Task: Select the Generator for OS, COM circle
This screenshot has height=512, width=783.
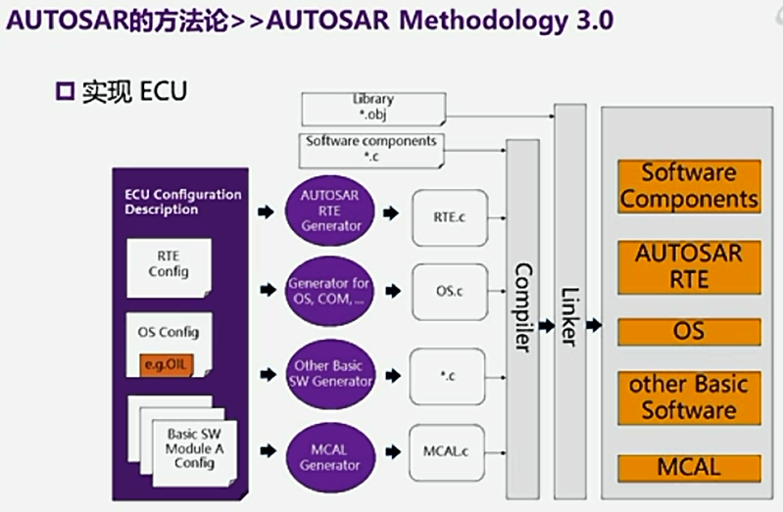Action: (330, 291)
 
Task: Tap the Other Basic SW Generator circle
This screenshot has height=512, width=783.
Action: (330, 373)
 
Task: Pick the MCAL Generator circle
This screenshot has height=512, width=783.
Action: (330, 455)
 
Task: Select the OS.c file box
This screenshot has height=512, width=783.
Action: (449, 292)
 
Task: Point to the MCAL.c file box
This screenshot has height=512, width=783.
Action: (449, 452)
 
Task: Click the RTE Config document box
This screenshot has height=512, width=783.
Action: (168, 265)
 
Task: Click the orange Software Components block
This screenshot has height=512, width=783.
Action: (688, 186)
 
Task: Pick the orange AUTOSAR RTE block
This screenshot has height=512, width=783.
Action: (688, 266)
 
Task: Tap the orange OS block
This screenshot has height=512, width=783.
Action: (688, 331)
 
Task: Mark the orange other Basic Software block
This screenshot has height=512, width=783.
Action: (688, 396)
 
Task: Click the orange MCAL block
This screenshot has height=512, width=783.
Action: (688, 467)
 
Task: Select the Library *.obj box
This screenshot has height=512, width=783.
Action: (372, 106)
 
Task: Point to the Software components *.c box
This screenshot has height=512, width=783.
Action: (370, 149)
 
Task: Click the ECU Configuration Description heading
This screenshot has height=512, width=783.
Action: (182, 202)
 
